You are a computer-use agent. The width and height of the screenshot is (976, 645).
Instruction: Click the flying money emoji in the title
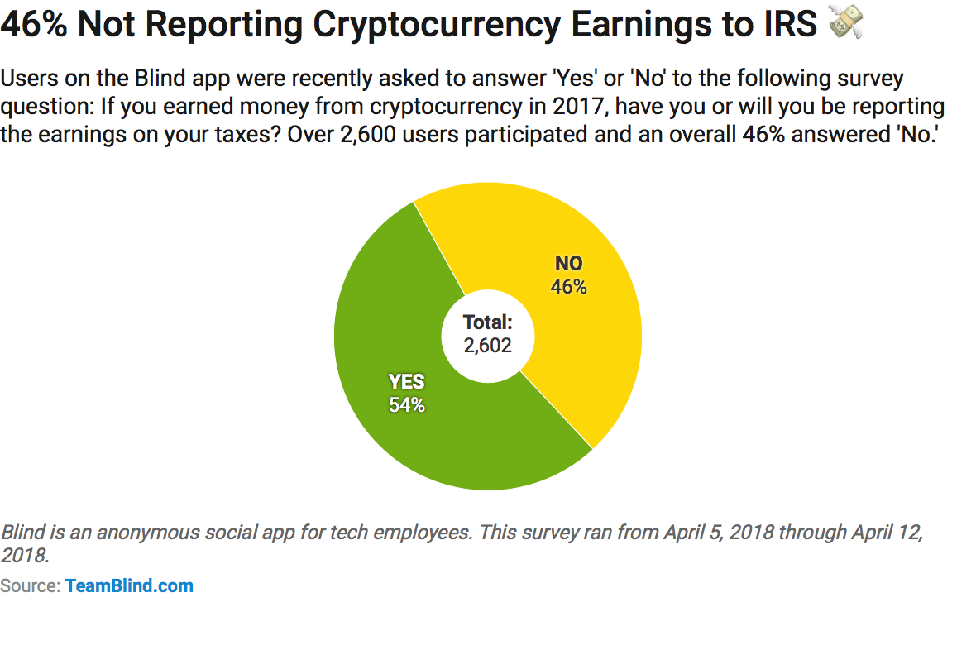click(x=846, y=21)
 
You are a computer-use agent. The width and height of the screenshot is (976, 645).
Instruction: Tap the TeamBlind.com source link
click(x=129, y=585)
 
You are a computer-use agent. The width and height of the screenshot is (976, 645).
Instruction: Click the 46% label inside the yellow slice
click(x=568, y=286)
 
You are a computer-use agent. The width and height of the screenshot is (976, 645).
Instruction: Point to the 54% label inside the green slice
click(x=406, y=404)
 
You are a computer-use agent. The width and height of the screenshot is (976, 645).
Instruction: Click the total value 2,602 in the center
click(x=487, y=345)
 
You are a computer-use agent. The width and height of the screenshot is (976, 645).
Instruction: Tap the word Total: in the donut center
click(x=487, y=322)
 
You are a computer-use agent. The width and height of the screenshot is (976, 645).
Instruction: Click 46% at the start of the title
click(x=34, y=24)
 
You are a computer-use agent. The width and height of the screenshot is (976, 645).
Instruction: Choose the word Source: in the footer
click(x=30, y=585)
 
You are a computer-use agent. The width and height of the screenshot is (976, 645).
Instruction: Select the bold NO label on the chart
click(x=568, y=263)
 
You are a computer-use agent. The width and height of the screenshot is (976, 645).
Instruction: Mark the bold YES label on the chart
click(x=406, y=382)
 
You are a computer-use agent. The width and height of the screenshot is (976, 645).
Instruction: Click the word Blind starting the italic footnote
click(x=23, y=533)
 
